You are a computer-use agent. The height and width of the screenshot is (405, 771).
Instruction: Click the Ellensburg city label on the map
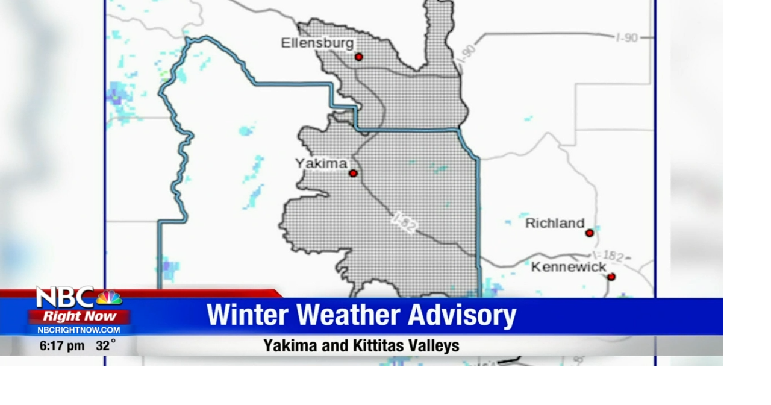(x=317, y=43)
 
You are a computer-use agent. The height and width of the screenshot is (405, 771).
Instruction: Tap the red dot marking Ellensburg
(x=359, y=57)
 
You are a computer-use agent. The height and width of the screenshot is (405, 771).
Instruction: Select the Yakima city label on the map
(x=321, y=163)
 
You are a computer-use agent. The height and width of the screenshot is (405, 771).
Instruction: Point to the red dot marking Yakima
(x=353, y=174)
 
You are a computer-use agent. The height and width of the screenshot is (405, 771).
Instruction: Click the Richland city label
(x=555, y=224)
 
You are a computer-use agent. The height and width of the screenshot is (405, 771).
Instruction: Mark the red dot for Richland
(x=589, y=233)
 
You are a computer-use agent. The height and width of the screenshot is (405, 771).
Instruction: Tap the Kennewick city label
(x=568, y=267)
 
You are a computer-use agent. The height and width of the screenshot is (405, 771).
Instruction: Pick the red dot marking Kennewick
(x=611, y=277)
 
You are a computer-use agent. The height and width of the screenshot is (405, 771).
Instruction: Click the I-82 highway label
(x=404, y=222)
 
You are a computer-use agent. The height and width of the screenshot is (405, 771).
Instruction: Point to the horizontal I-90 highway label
(x=626, y=38)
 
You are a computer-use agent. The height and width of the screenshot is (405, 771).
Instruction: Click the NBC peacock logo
(x=109, y=298)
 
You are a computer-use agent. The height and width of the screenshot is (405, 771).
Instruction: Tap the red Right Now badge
(x=80, y=316)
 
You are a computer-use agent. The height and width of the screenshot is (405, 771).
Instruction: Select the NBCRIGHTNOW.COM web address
(x=79, y=330)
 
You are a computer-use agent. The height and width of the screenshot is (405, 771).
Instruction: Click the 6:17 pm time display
(x=62, y=346)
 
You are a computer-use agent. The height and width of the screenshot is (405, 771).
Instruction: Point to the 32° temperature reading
(x=105, y=346)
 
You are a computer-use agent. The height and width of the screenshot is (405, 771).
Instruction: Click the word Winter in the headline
(x=248, y=315)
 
